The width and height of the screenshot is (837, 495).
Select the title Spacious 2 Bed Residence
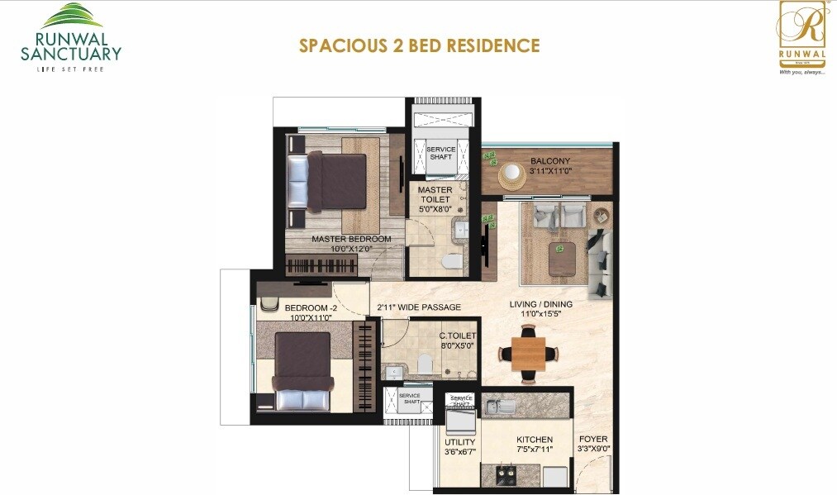(419, 45)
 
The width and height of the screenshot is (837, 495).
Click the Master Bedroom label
(351, 240)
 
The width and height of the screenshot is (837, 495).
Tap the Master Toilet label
(435, 194)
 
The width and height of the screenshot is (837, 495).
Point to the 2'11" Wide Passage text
(419, 307)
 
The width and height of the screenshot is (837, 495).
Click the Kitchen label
(535, 440)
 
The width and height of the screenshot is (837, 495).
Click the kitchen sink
(497, 407)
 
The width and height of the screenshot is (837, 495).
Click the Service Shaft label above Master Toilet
(440, 154)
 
